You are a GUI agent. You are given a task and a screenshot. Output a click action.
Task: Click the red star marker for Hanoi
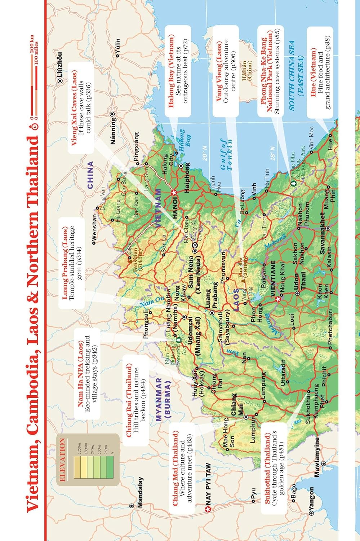[174, 193]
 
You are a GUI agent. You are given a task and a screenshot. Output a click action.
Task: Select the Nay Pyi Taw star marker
[207, 509]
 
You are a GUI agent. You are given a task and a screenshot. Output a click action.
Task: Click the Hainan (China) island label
[246, 70]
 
